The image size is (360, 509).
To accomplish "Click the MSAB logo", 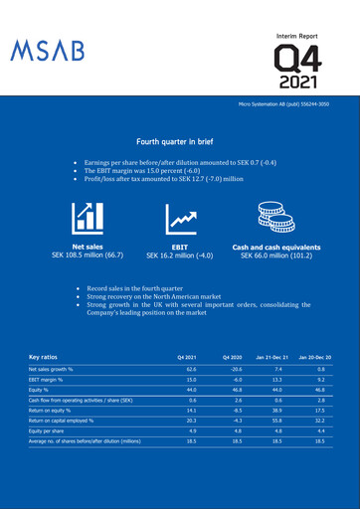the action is (48, 50).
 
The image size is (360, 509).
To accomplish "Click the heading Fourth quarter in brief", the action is (180, 142).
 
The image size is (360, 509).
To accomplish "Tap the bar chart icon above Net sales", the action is (87, 220).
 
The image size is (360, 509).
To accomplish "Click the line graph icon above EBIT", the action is (180, 220).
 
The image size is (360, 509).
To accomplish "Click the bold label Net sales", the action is (87, 247).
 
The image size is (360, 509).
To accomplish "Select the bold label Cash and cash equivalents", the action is (276, 247).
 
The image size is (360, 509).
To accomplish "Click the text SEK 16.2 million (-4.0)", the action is (180, 255).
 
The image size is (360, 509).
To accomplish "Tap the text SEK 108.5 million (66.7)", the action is (87, 255).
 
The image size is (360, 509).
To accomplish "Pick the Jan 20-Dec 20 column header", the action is (312, 356).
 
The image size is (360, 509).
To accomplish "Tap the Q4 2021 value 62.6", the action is (188, 369).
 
